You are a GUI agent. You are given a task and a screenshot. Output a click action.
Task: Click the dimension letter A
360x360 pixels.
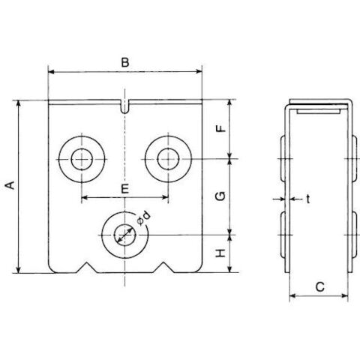point(10,185)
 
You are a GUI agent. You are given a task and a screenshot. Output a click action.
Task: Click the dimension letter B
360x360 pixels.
point(125,62)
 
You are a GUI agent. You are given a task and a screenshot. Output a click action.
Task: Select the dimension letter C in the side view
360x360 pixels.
point(319,286)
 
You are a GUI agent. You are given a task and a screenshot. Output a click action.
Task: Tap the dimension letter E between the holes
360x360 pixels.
point(124,188)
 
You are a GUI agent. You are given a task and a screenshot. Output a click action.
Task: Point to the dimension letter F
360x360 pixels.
point(220,128)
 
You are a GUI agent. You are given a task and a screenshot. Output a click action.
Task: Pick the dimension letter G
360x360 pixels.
point(220,196)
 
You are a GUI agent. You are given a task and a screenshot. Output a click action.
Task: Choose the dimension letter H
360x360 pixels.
point(220,253)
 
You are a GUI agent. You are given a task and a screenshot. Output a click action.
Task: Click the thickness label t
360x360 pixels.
point(308,199)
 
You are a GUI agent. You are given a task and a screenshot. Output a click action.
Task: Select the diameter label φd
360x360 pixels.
point(144,218)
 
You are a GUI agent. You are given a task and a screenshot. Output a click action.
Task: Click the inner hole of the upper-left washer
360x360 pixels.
point(82,159)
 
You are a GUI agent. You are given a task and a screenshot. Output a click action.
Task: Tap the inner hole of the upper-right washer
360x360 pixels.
point(168,159)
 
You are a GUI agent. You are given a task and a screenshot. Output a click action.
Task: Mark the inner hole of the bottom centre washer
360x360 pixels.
point(124,235)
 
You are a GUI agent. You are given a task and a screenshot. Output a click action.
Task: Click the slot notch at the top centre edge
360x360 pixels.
point(124,106)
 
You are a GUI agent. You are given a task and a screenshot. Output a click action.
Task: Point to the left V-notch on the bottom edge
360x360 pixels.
point(86,268)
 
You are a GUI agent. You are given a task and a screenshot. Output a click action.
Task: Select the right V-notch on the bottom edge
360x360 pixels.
point(163,268)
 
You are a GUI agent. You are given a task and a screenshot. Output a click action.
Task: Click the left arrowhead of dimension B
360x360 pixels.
point(51,72)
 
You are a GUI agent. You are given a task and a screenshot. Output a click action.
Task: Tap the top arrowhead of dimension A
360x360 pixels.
point(18,103)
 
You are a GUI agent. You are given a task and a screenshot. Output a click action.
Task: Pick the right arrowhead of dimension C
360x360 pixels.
point(345,296)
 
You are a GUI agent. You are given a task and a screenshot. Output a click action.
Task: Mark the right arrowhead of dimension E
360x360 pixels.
point(165,197)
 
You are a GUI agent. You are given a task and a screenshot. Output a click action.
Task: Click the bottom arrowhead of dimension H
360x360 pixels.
point(230,269)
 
